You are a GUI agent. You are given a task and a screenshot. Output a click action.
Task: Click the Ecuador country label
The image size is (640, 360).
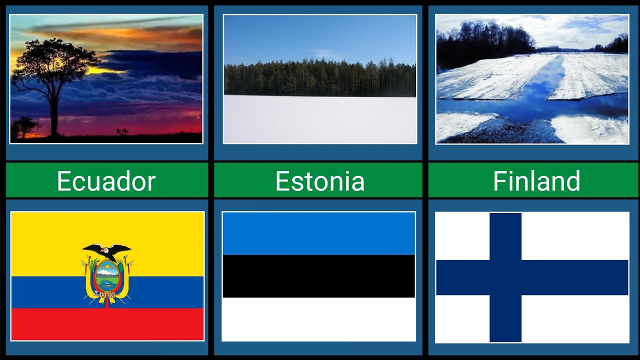coord(106,180)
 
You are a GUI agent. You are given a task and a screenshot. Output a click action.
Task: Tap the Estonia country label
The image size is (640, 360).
coord(319,180)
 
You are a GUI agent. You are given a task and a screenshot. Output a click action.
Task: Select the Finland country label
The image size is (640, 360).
coord(536,180)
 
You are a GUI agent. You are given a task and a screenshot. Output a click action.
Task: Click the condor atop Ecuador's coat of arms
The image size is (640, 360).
coord(107,250)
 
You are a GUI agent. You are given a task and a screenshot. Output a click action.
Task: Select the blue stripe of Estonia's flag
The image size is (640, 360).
coord(318,233)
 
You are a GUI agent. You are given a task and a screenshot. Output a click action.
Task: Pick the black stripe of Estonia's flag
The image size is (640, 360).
coord(318,276)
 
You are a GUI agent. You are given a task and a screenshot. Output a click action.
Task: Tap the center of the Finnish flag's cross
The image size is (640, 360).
coord(505,277)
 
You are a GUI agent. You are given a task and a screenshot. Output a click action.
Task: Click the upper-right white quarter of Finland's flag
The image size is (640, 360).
coord(575,235)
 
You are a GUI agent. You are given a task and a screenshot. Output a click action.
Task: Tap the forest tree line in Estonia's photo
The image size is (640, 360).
coord(319,78)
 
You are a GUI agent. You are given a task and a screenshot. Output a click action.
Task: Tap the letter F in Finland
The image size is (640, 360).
coord(499,181)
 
